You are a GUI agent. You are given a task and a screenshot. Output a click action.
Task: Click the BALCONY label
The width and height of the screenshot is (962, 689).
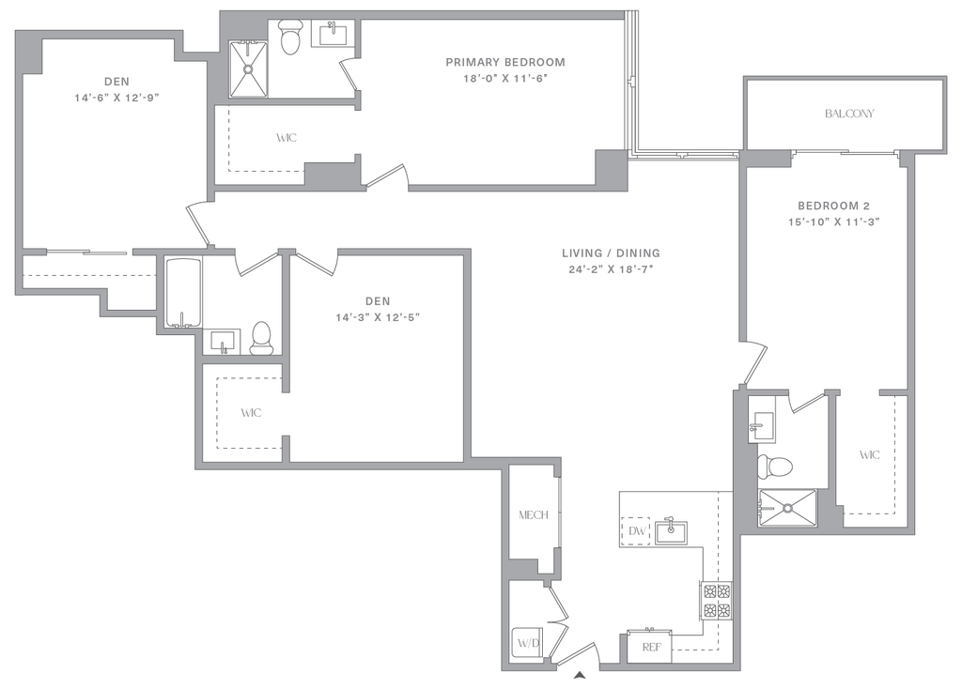tap(850, 115)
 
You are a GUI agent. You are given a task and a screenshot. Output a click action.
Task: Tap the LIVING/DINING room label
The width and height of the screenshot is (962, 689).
tap(612, 253)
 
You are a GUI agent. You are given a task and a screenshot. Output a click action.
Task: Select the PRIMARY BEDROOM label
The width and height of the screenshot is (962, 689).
tap(506, 63)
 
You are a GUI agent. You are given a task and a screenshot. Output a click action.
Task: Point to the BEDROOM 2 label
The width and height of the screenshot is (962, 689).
tap(835, 206)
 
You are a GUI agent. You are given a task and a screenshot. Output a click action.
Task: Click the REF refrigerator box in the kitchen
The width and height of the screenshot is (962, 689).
tap(648, 647)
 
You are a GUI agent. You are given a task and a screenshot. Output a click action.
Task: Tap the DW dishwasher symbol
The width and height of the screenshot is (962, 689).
tap(637, 532)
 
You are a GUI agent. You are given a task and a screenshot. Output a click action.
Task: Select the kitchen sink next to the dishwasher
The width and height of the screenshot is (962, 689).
tap(673, 531)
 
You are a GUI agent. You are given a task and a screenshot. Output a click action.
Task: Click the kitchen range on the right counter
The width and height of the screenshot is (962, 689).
tap(716, 601)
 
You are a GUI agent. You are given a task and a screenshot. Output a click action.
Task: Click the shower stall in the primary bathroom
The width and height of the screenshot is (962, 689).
tap(249, 68)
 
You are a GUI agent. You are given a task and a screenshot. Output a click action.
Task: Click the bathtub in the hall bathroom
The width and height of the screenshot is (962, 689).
tap(183, 291)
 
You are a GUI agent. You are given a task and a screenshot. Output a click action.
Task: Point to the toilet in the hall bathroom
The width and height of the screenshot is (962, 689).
tap(261, 336)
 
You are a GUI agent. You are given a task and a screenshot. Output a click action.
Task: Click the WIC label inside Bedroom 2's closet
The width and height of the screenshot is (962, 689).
tap(870, 455)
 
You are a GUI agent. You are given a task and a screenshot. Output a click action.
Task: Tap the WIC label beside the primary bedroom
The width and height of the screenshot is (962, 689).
tap(287, 138)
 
